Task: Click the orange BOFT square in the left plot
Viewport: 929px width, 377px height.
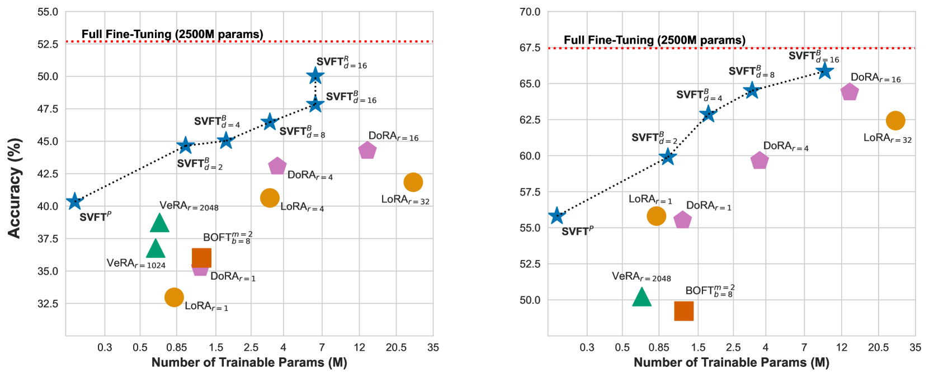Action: tap(201, 258)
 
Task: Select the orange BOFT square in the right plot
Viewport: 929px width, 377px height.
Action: tap(683, 311)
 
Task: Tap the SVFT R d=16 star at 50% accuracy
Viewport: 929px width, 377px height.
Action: tap(315, 76)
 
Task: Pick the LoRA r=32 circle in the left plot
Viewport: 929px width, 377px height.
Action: tap(413, 182)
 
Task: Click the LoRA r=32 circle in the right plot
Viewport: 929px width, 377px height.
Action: tap(895, 120)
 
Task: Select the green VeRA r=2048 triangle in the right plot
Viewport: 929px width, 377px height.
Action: tap(642, 297)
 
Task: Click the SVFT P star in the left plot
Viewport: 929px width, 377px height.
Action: tap(74, 201)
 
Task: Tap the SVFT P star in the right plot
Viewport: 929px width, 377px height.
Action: tap(557, 215)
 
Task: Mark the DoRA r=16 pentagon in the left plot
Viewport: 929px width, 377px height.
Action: tap(367, 150)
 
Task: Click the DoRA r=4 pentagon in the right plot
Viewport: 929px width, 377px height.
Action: tap(759, 161)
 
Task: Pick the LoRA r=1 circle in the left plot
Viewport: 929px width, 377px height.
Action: tap(174, 297)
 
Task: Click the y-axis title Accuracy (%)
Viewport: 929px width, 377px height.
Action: tap(15, 188)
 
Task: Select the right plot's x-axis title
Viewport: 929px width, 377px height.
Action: tap(731, 362)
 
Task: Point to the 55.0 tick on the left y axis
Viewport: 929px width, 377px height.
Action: tap(48, 12)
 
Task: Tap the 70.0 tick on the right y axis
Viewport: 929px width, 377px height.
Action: tap(530, 12)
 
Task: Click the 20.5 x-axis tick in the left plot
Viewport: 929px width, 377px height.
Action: tap(396, 347)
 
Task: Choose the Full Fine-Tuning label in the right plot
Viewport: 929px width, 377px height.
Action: tap(654, 40)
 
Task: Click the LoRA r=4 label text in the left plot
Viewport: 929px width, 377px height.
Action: tap(302, 207)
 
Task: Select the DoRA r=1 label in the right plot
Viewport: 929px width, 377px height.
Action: tap(709, 206)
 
